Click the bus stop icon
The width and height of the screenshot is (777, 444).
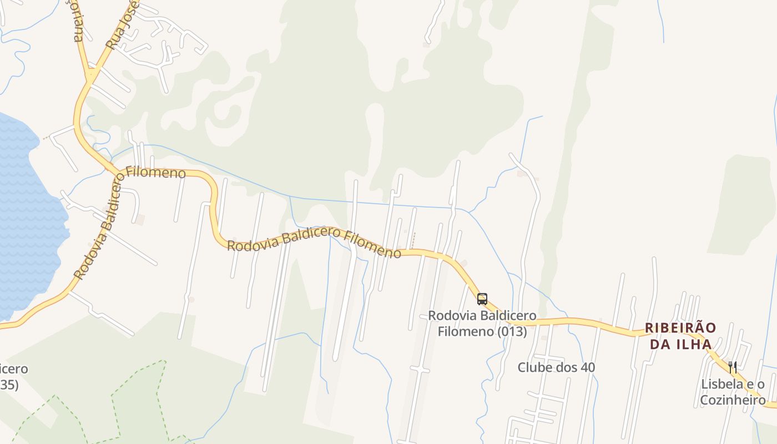(482, 299)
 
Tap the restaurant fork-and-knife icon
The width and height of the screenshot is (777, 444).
(733, 367)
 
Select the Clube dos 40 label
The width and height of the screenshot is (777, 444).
(556, 367)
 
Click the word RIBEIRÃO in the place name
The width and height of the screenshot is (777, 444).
(680, 328)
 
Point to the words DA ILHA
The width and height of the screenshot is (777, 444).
(680, 344)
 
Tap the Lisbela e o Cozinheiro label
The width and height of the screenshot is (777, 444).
(733, 392)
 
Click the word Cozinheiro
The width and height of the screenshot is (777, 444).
(733, 400)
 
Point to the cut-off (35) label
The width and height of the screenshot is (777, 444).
(9, 385)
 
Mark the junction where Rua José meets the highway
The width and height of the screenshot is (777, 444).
(90, 74)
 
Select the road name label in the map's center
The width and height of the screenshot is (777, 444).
(314, 243)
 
